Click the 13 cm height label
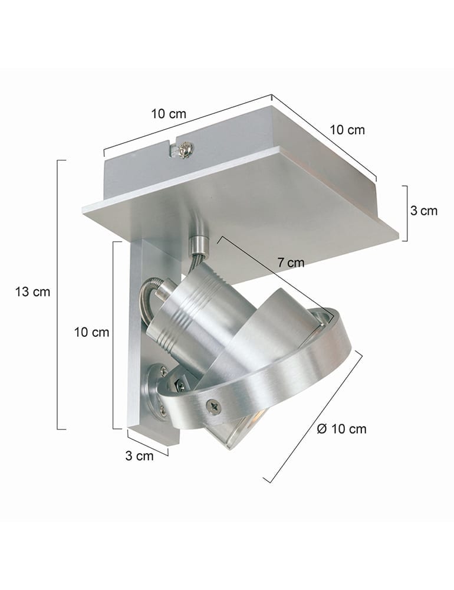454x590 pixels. pyautogui.click(x=32, y=291)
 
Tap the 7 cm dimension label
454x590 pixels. pyautogui.click(x=292, y=263)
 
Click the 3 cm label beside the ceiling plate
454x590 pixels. pyautogui.click(x=424, y=211)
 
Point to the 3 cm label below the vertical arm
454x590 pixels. pyautogui.click(x=139, y=455)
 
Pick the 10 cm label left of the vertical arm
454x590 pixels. pyautogui.click(x=92, y=332)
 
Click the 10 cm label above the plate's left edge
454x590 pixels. pyautogui.click(x=168, y=114)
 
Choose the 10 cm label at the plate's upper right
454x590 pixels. pyautogui.click(x=347, y=130)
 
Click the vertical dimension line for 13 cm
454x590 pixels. pyautogui.click(x=58, y=295)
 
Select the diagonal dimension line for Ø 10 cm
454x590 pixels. pyautogui.click(x=312, y=419)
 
